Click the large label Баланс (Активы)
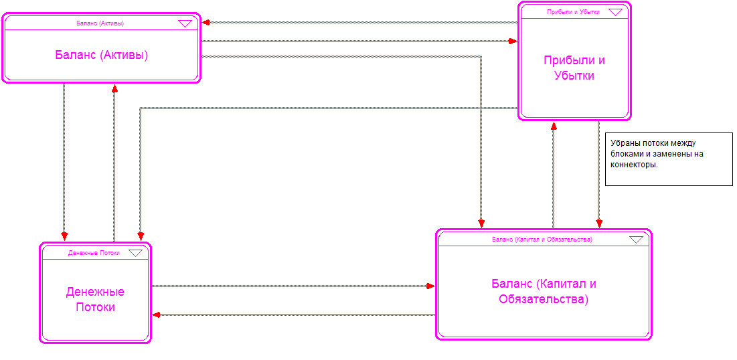(101, 55)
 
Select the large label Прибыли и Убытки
(574, 68)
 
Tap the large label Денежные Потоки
(95, 299)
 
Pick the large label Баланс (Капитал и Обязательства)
(544, 291)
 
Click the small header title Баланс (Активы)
(100, 23)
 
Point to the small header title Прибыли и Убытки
(572, 12)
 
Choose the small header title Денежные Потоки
(94, 253)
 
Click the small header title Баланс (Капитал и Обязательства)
(542, 239)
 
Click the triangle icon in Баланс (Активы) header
(185, 23)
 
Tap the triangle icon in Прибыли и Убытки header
(615, 12)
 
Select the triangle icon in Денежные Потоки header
(135, 253)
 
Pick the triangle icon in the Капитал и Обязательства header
(636, 239)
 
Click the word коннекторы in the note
(630, 165)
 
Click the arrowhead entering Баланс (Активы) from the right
(206, 23)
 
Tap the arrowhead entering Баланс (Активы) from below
(114, 88)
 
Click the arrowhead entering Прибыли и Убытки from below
(553, 125)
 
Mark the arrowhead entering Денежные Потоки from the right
(156, 314)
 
